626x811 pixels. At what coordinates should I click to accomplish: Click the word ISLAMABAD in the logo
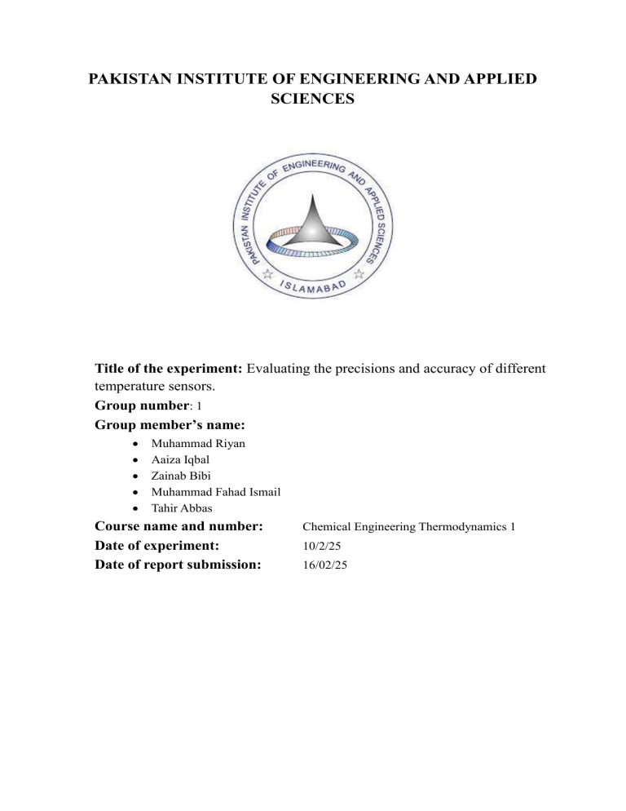[314, 286]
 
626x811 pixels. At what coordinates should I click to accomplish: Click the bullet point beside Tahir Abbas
[133, 507]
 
